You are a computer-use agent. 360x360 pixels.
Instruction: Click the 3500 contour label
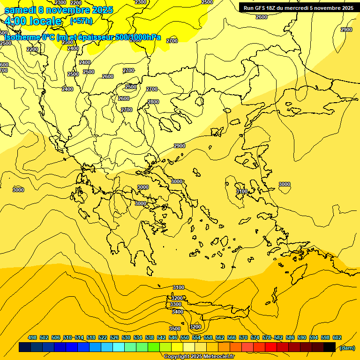[175, 329]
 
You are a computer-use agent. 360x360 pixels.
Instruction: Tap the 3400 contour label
[177, 312]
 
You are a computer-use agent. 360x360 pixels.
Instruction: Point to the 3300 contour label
[176, 305]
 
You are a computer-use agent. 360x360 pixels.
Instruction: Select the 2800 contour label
[153, 102]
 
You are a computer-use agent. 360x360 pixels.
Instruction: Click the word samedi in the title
[22, 10]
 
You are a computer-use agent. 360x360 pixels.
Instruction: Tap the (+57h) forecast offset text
[81, 21]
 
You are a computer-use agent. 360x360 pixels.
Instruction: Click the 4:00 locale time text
[33, 21]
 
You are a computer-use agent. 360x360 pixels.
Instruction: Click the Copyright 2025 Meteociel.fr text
[199, 357]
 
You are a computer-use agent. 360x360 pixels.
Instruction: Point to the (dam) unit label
[347, 347]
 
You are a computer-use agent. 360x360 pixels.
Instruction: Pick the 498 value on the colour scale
[32, 338]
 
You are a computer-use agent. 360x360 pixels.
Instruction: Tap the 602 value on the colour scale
[337, 338]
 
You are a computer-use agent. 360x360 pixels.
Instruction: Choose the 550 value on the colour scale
[184, 338]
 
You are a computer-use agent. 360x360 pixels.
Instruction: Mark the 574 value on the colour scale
[255, 338]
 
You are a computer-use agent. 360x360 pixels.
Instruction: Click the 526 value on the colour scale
[114, 338]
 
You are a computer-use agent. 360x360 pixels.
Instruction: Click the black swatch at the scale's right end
[330, 347]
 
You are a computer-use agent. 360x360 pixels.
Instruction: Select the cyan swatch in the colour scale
[119, 347]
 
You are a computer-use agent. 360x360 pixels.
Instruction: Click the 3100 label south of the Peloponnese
[179, 287]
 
